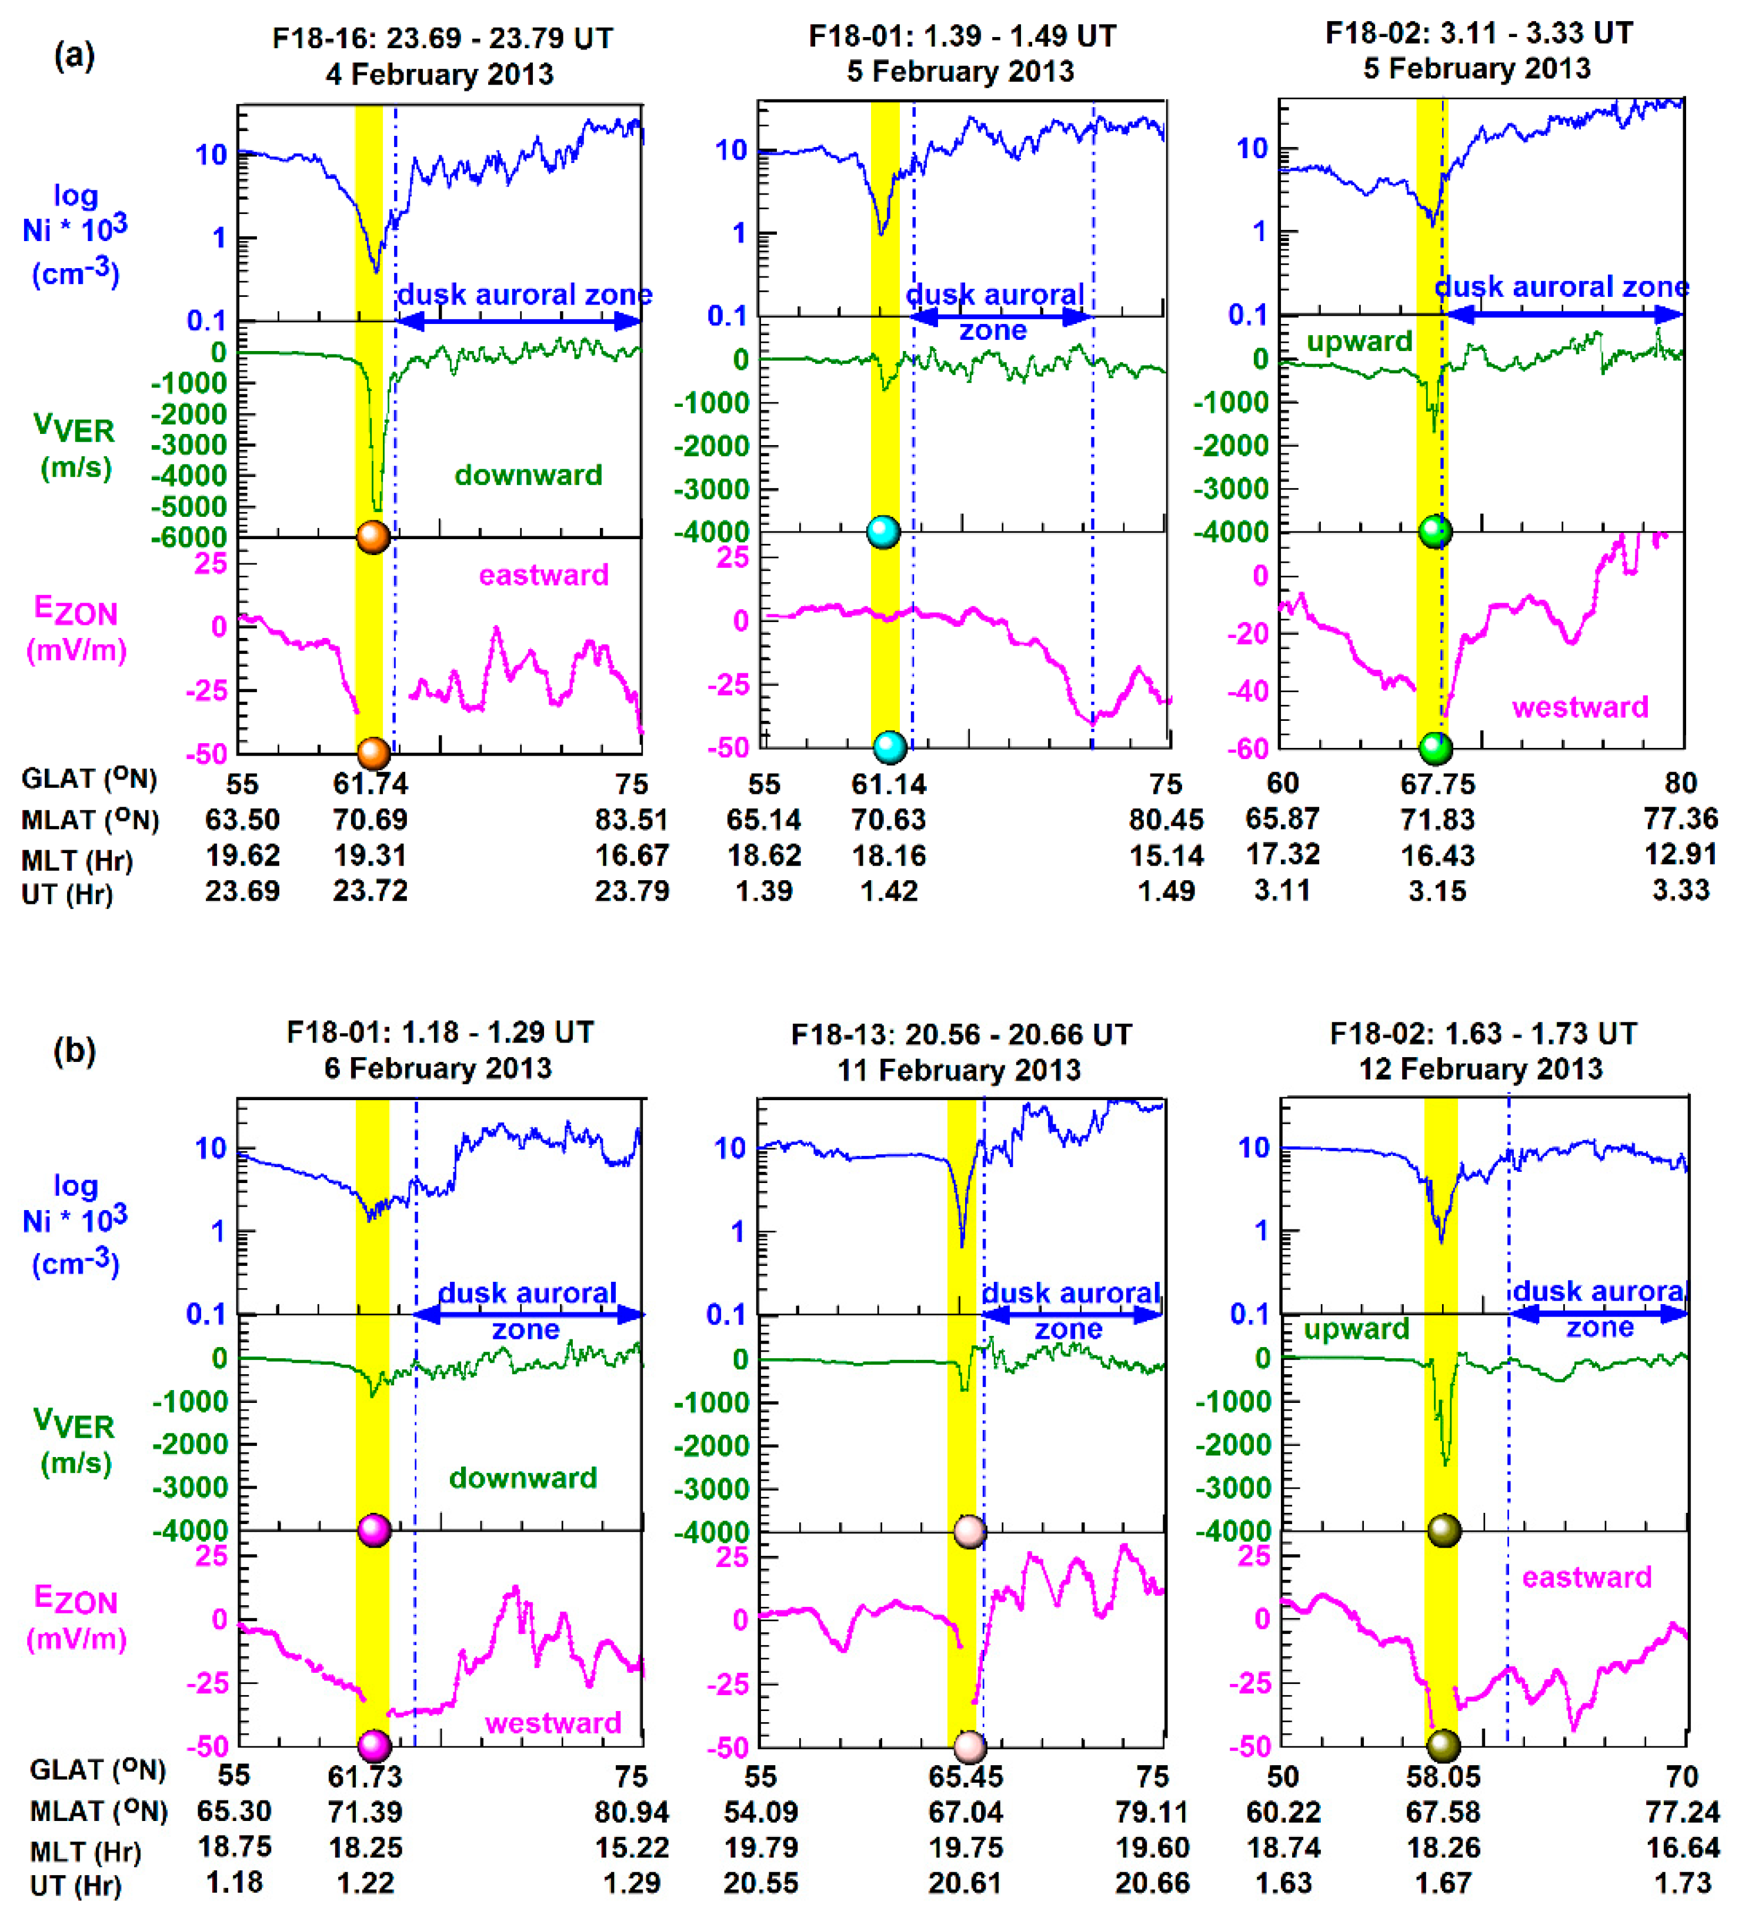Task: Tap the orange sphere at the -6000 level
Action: [373, 537]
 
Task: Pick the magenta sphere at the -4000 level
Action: [374, 1531]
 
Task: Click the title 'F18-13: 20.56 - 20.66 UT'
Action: [961, 1035]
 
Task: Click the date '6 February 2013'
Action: [438, 1068]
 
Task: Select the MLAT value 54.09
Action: [761, 1812]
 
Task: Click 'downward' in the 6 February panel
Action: [523, 1478]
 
